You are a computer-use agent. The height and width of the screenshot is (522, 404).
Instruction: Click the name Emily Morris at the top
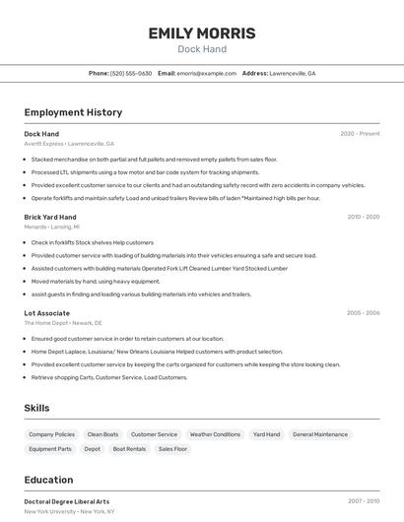[202, 33]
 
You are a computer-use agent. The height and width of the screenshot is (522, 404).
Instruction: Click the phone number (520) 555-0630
[131, 73]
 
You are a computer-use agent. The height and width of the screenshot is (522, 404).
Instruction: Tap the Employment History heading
[73, 112]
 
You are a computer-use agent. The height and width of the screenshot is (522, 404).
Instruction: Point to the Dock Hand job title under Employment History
[41, 133]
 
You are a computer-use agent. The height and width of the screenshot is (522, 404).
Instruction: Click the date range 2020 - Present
[360, 133]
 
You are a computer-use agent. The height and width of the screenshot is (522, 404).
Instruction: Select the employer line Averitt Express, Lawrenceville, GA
[69, 143]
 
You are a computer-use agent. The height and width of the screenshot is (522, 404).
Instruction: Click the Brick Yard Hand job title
[50, 217]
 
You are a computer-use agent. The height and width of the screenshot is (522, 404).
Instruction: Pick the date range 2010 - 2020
[364, 217]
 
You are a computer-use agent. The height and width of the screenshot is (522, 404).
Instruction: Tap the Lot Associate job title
[47, 313]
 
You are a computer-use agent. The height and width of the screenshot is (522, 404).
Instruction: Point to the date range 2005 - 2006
[363, 313]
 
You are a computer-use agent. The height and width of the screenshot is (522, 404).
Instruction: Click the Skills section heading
[36, 408]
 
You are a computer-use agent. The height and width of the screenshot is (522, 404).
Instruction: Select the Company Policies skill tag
[51, 434]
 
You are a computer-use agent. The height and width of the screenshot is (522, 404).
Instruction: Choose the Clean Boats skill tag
[102, 434]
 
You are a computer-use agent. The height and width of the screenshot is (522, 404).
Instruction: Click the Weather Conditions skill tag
[215, 434]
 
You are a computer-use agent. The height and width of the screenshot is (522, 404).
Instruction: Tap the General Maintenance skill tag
[320, 434]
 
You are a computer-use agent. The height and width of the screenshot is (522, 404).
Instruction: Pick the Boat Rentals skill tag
[129, 449]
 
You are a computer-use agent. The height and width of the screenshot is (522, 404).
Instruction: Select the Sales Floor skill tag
[173, 449]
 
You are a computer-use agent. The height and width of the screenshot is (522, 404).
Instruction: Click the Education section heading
[48, 480]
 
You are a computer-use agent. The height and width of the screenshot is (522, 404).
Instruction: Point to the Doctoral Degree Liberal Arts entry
[67, 501]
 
